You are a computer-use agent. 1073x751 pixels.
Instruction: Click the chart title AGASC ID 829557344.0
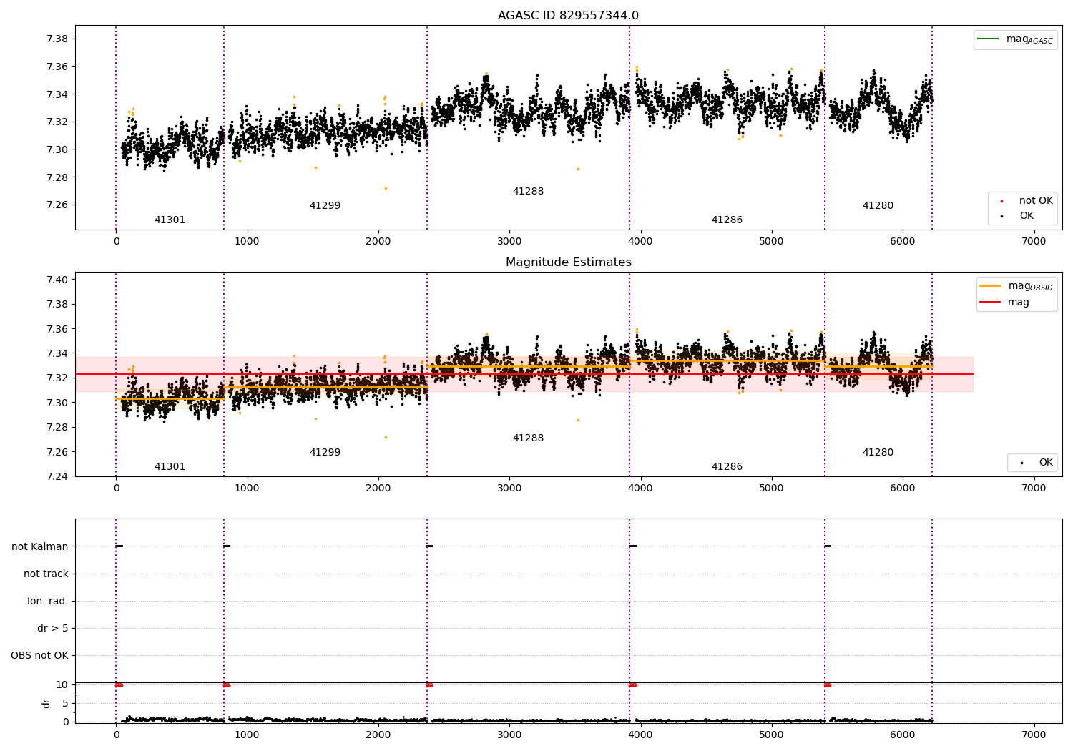click(x=568, y=15)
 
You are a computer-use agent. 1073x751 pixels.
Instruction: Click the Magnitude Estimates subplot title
click(x=568, y=262)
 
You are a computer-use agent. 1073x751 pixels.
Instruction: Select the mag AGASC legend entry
click(x=1015, y=39)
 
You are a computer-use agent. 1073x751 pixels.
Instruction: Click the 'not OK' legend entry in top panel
click(x=1027, y=201)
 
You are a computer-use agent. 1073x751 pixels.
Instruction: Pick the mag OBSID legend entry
click(x=1016, y=286)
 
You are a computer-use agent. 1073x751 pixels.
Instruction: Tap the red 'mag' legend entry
click(x=1004, y=303)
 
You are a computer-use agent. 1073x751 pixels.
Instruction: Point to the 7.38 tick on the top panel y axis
click(x=57, y=39)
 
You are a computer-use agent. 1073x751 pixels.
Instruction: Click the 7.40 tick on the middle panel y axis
click(x=57, y=280)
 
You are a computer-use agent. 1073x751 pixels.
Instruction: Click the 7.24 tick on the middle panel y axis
click(x=57, y=476)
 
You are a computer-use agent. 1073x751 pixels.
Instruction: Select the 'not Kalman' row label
click(x=40, y=546)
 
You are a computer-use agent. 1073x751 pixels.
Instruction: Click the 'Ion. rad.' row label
click(x=47, y=601)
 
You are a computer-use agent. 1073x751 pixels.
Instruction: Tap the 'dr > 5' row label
click(x=53, y=629)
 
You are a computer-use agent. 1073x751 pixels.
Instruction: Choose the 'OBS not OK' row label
click(x=40, y=656)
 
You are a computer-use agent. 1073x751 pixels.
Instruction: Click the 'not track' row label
click(x=46, y=574)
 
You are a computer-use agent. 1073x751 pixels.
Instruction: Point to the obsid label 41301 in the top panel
click(x=170, y=220)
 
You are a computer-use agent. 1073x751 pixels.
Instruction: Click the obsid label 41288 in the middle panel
click(x=528, y=438)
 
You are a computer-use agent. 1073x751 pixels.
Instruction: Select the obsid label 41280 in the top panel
click(x=878, y=205)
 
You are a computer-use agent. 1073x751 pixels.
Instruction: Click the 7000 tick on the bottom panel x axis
click(x=1034, y=735)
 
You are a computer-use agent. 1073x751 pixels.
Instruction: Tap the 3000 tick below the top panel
click(x=509, y=242)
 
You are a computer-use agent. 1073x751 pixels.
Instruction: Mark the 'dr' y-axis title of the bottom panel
click(x=46, y=704)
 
